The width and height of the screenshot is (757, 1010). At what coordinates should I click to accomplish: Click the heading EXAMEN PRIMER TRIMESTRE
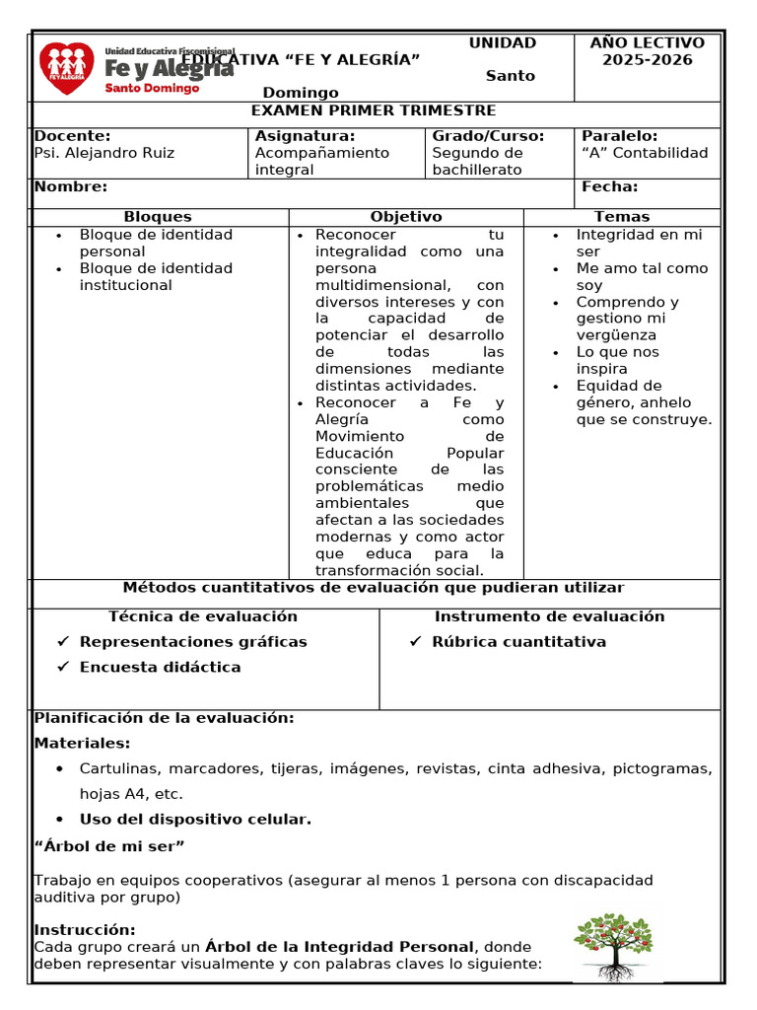click(374, 110)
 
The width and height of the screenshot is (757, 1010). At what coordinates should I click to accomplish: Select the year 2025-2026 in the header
click(647, 60)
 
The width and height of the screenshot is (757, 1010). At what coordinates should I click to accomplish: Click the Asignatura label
click(305, 136)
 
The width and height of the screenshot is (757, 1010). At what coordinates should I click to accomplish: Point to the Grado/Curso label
click(488, 136)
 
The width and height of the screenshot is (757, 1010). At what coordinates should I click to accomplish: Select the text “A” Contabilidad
click(645, 153)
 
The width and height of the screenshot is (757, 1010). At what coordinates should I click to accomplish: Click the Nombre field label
click(71, 186)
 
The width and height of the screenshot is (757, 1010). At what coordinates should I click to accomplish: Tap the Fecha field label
click(609, 186)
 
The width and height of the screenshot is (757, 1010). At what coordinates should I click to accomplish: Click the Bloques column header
click(158, 217)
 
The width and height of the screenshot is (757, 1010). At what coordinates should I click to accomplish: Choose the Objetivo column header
click(406, 217)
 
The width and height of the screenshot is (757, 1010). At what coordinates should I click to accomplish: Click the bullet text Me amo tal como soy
click(642, 276)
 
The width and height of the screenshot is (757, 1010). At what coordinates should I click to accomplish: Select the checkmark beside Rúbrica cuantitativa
click(415, 642)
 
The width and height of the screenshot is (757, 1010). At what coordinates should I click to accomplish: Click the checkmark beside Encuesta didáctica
click(63, 667)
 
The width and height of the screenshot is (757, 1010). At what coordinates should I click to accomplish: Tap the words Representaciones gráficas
click(193, 642)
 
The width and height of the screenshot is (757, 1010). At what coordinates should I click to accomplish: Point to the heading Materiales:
click(82, 744)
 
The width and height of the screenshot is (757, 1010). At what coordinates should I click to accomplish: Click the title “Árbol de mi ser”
click(109, 846)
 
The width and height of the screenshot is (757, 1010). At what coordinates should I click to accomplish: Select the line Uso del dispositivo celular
click(195, 820)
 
